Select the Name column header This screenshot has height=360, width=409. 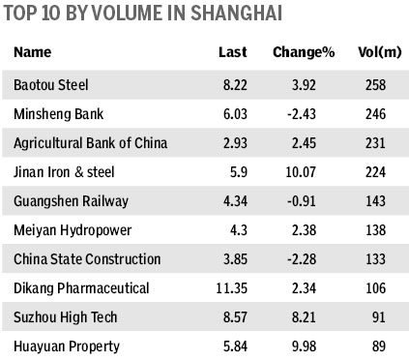click(x=32, y=51)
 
